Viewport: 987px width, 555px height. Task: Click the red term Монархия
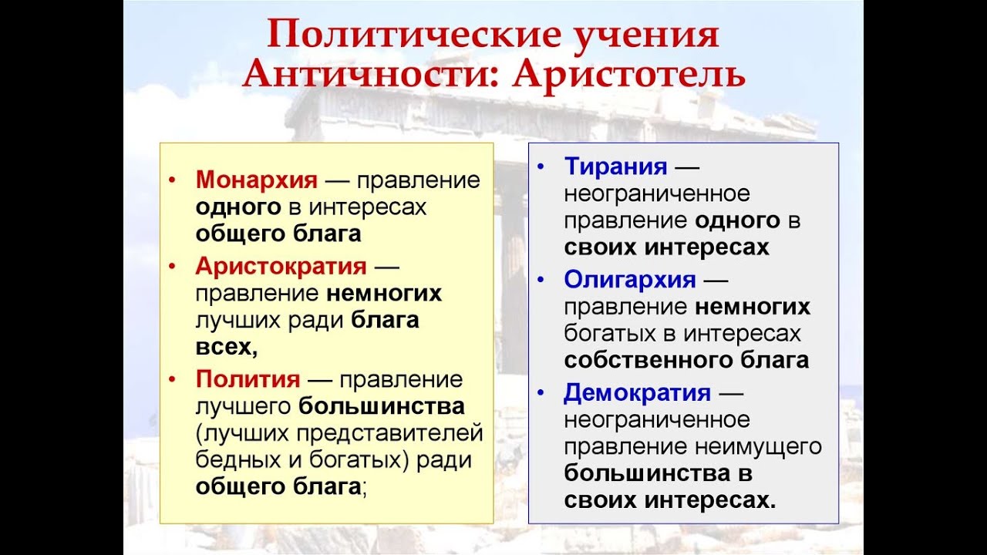pyautogui.click(x=257, y=180)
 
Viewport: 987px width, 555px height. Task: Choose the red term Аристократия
pyautogui.click(x=281, y=266)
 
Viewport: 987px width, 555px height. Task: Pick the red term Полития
pyautogui.click(x=248, y=378)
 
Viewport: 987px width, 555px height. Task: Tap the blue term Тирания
pyautogui.click(x=615, y=166)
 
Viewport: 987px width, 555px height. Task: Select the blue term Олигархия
pyautogui.click(x=630, y=280)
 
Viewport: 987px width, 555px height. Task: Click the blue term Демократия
pyautogui.click(x=637, y=392)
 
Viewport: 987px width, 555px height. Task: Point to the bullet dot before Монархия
pyautogui.click(x=172, y=180)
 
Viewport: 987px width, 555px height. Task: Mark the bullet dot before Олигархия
pyautogui.click(x=541, y=280)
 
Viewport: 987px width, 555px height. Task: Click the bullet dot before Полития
pyautogui.click(x=172, y=378)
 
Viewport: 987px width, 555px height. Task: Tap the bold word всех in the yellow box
pyautogui.click(x=224, y=347)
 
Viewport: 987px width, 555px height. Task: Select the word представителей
pyautogui.click(x=389, y=433)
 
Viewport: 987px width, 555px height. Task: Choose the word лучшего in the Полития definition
pyautogui.click(x=243, y=406)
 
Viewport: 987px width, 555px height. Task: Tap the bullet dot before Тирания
pyautogui.click(x=541, y=167)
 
